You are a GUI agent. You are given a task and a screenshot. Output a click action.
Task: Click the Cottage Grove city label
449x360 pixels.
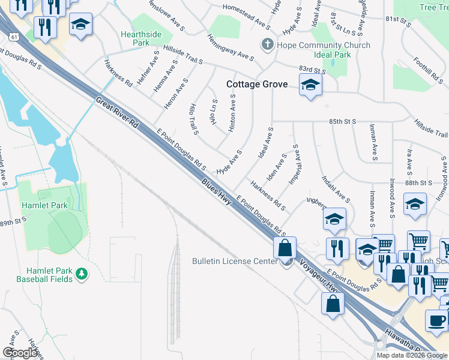[257, 85]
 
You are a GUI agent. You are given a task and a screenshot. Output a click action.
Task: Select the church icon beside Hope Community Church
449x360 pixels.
[267, 45]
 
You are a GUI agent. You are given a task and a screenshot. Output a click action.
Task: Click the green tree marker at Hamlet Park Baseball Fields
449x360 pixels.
[81, 274]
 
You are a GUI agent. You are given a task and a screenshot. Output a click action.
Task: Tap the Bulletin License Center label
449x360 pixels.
[235, 261]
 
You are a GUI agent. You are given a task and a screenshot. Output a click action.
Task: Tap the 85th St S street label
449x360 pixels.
[343, 121]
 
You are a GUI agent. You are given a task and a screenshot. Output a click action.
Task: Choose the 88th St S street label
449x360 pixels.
[418, 182]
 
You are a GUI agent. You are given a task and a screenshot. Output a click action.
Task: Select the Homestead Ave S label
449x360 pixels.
[246, 15]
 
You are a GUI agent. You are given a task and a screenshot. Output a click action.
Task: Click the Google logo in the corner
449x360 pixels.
[20, 352]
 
